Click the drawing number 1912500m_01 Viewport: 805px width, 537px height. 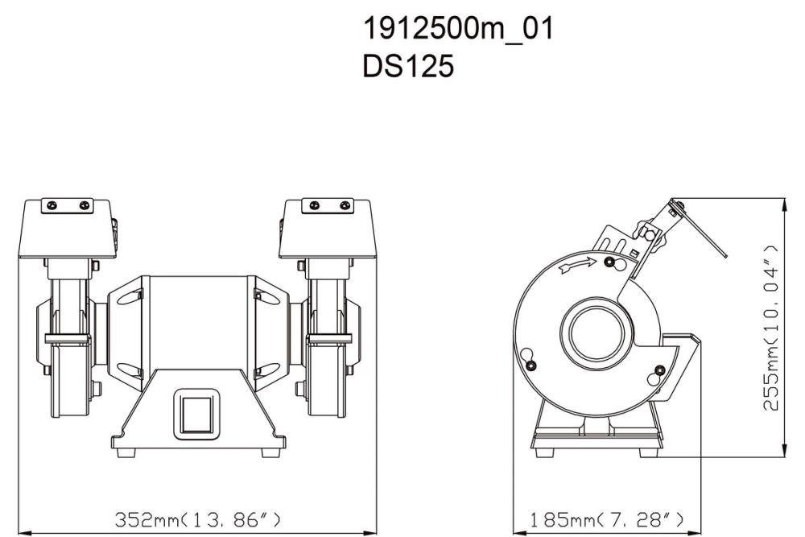(457, 30)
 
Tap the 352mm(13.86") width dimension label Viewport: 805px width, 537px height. (197, 517)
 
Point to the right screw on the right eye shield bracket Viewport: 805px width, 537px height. (346, 206)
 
